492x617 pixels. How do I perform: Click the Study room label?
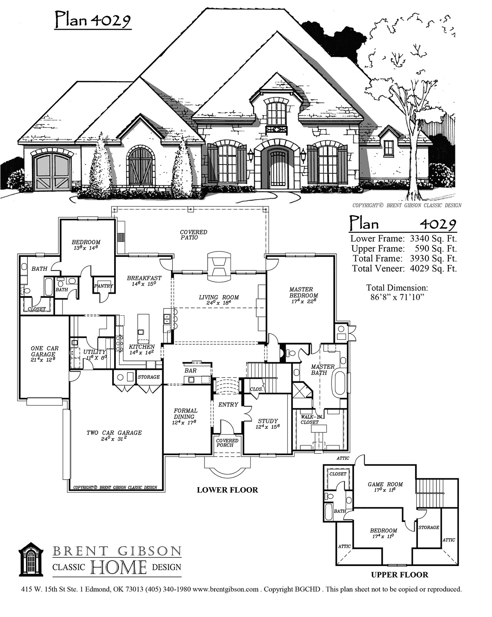268,424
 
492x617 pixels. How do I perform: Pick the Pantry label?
104,286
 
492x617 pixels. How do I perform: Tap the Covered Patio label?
193,235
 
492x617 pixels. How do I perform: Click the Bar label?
191,371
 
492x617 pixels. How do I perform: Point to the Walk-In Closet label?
309,419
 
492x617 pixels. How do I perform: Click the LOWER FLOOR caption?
227,490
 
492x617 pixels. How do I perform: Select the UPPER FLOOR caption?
399,575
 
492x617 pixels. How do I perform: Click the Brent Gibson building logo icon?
32,559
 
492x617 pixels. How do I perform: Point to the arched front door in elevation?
277,169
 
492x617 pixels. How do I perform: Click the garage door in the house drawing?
52,171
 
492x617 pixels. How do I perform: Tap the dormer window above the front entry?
276,114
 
